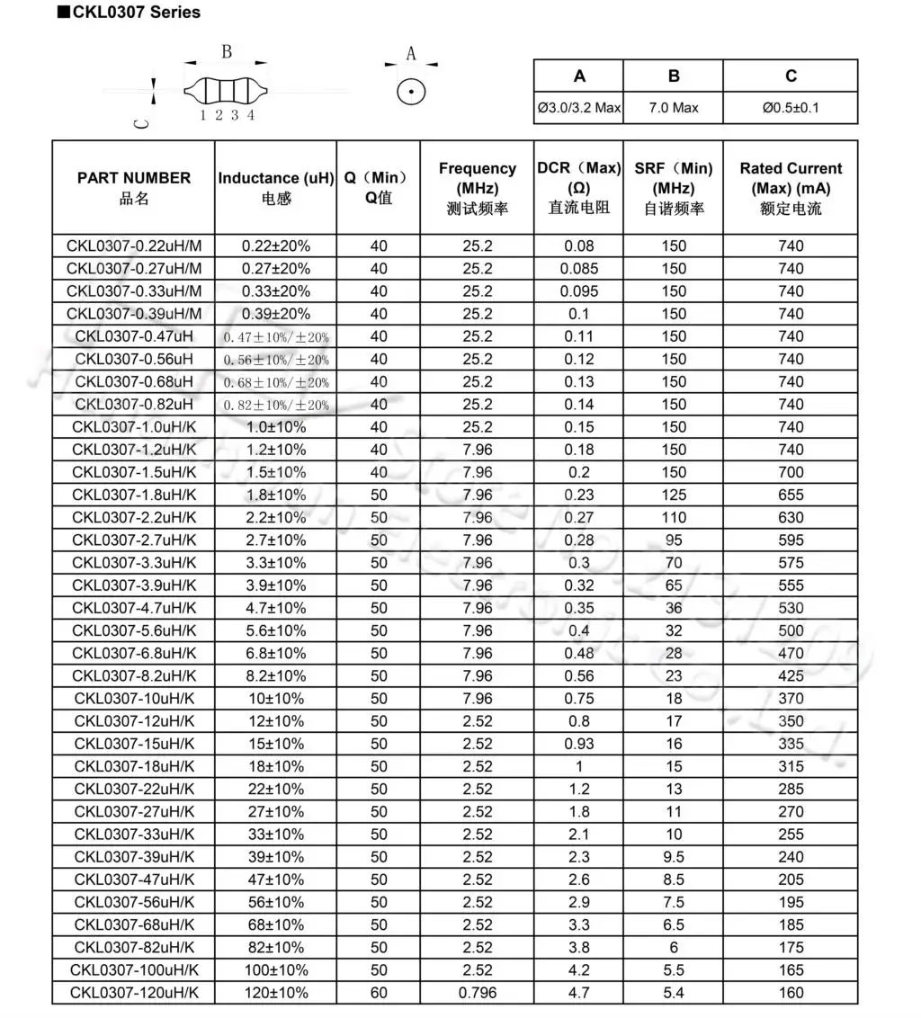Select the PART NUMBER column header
point(134,178)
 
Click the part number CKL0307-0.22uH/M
point(134,246)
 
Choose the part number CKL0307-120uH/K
point(134,993)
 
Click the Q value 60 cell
point(379,993)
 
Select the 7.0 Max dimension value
point(674,108)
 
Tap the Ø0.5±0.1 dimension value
point(791,108)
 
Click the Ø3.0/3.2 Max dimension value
point(579,108)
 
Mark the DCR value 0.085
point(579,268)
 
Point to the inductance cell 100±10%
point(276,970)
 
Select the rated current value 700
point(791,472)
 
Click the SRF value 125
point(674,495)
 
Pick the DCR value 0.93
point(579,744)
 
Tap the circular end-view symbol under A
point(411,91)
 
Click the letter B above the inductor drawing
point(227,52)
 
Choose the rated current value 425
point(791,675)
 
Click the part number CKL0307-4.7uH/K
point(134,608)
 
